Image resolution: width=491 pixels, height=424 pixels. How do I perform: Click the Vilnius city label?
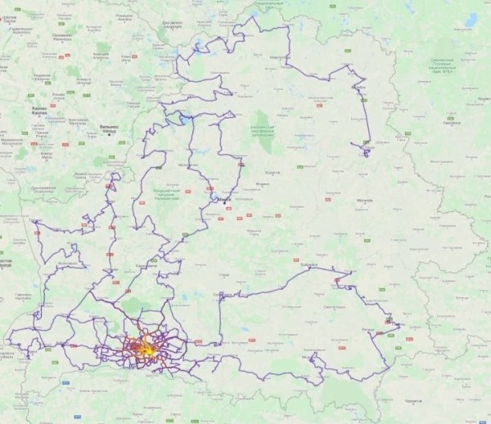(108, 129)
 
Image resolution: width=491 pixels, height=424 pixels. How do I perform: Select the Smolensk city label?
(451, 123)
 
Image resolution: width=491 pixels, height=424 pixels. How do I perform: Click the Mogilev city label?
(365, 199)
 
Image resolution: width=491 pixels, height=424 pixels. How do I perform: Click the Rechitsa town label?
(366, 330)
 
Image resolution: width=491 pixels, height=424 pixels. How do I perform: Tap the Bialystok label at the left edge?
(6, 263)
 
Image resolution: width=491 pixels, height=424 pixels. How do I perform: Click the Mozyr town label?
(311, 358)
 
